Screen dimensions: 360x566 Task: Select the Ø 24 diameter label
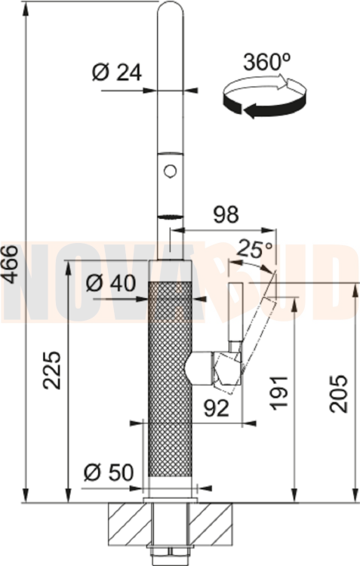pos(117,73)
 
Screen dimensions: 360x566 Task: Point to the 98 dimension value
pos(226,214)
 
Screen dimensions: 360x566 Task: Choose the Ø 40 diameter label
pos(111,283)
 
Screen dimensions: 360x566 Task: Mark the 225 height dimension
pos(51,370)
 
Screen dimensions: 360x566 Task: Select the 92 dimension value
pos(217,408)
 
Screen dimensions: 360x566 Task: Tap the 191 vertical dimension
pos(280,393)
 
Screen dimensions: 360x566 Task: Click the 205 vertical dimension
pos(338,393)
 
